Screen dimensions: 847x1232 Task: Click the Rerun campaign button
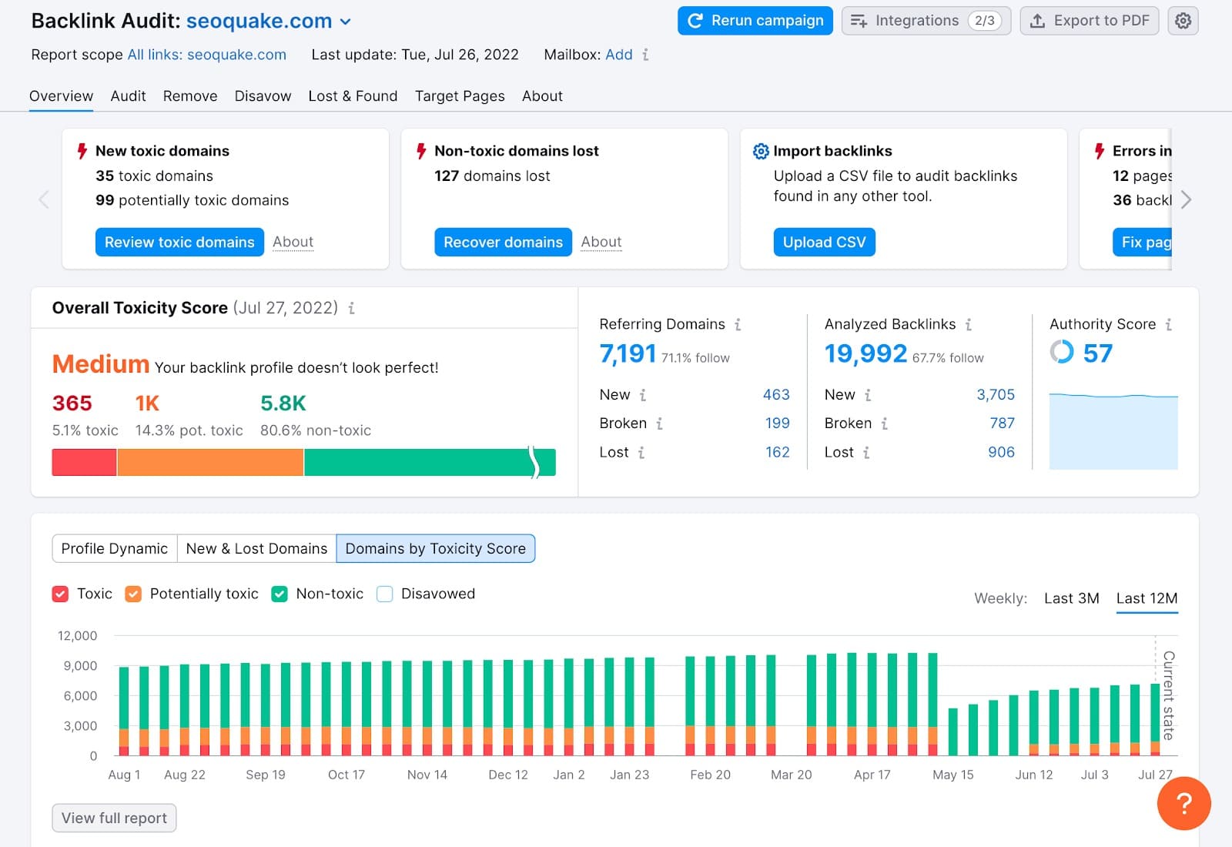[x=755, y=21]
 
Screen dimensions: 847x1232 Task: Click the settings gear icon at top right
[x=1183, y=21]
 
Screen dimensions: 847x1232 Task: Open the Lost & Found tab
[x=353, y=96]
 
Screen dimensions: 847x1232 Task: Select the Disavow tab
[x=263, y=96]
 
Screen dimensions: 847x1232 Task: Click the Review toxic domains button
[x=179, y=242]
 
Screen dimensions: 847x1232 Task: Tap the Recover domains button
[x=503, y=242]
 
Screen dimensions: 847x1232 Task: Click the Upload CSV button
[x=824, y=242]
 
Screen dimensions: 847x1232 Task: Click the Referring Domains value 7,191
[x=628, y=353]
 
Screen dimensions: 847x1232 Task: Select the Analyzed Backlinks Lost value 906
[x=1001, y=452]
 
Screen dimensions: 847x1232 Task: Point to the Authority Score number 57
[x=1097, y=353]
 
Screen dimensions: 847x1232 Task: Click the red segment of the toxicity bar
[x=84, y=462]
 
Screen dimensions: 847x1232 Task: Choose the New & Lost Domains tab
[x=256, y=548]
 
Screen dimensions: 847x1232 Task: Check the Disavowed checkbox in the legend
[x=385, y=594]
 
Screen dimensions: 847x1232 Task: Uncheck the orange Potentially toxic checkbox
[x=133, y=594]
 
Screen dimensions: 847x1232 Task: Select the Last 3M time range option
[x=1071, y=598]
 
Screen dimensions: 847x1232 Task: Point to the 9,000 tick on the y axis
[x=80, y=665]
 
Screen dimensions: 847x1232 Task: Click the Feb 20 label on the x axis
[x=710, y=775]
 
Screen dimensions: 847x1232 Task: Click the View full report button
[x=114, y=818]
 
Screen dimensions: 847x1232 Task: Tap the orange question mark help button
[x=1183, y=803]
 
